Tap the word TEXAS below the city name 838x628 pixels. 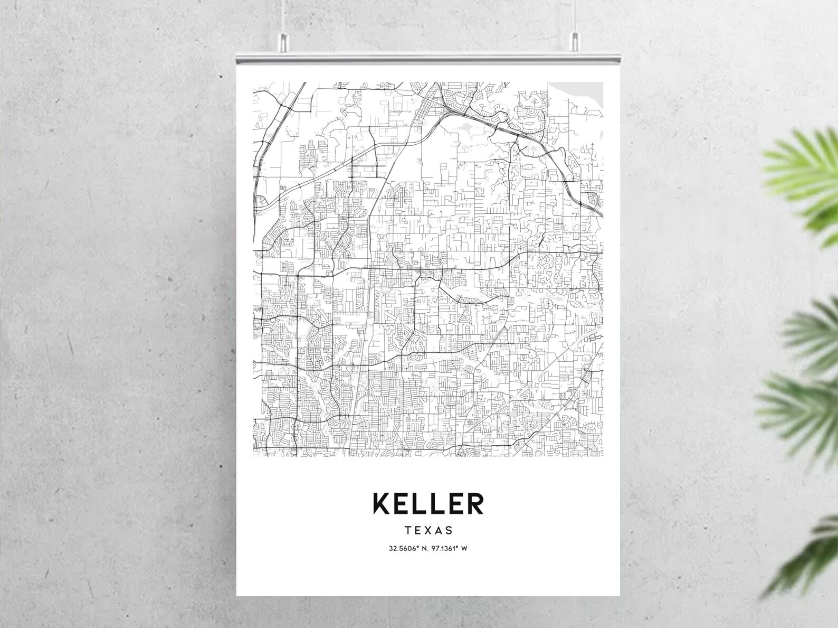(x=428, y=530)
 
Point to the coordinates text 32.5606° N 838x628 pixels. (x=408, y=548)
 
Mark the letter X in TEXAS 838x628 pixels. (x=428, y=530)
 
